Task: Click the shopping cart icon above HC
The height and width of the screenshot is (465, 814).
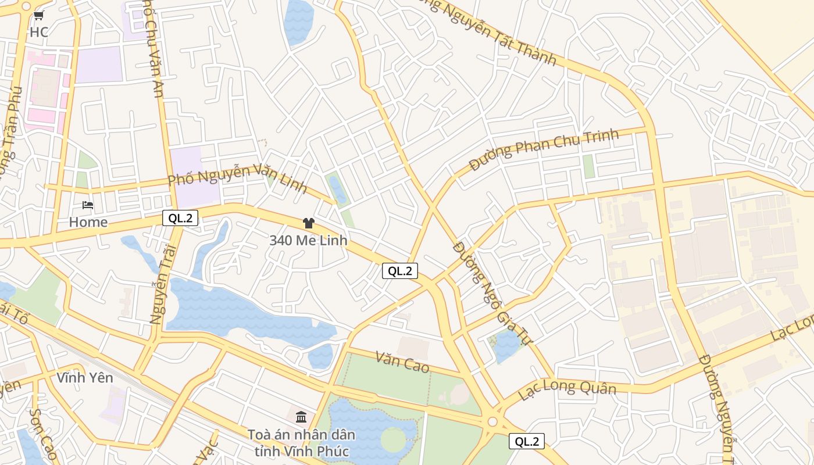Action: point(39,16)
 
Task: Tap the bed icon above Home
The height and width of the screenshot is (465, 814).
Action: point(88,205)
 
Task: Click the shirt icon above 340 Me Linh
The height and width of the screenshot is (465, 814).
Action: point(308,223)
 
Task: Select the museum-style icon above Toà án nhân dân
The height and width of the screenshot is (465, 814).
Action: point(301,417)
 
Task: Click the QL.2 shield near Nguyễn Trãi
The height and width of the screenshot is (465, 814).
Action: point(180,218)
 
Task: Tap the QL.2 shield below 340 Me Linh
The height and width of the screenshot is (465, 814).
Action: point(400,270)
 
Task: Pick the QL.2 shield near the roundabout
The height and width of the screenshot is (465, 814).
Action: point(527,441)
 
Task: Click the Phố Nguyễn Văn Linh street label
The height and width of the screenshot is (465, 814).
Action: point(237,178)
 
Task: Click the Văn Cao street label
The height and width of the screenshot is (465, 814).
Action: point(402,362)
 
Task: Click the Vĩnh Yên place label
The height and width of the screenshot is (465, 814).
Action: point(85,378)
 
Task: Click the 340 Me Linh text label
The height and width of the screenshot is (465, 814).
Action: point(308,240)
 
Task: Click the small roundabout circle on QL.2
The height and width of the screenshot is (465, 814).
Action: point(493,421)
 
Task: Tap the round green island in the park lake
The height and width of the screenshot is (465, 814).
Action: point(393,439)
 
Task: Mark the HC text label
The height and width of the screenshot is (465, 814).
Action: point(39,32)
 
